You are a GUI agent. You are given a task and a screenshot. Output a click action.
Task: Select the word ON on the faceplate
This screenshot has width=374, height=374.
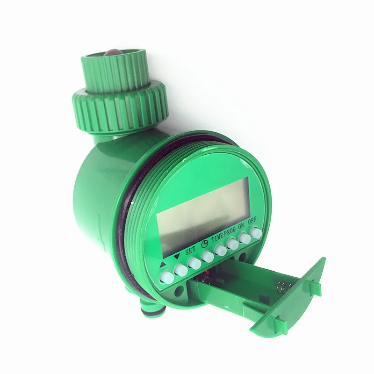[241, 226]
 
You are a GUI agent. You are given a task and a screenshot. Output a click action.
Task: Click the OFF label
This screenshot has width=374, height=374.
[252, 221]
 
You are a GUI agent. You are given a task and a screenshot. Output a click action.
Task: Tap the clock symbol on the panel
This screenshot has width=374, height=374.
[205, 243]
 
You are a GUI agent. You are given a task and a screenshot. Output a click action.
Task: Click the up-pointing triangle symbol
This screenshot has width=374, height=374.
[163, 264]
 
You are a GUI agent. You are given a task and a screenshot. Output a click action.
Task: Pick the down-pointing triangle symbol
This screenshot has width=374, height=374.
[177, 257]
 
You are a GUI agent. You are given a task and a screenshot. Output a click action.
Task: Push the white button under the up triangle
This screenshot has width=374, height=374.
[166, 277]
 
